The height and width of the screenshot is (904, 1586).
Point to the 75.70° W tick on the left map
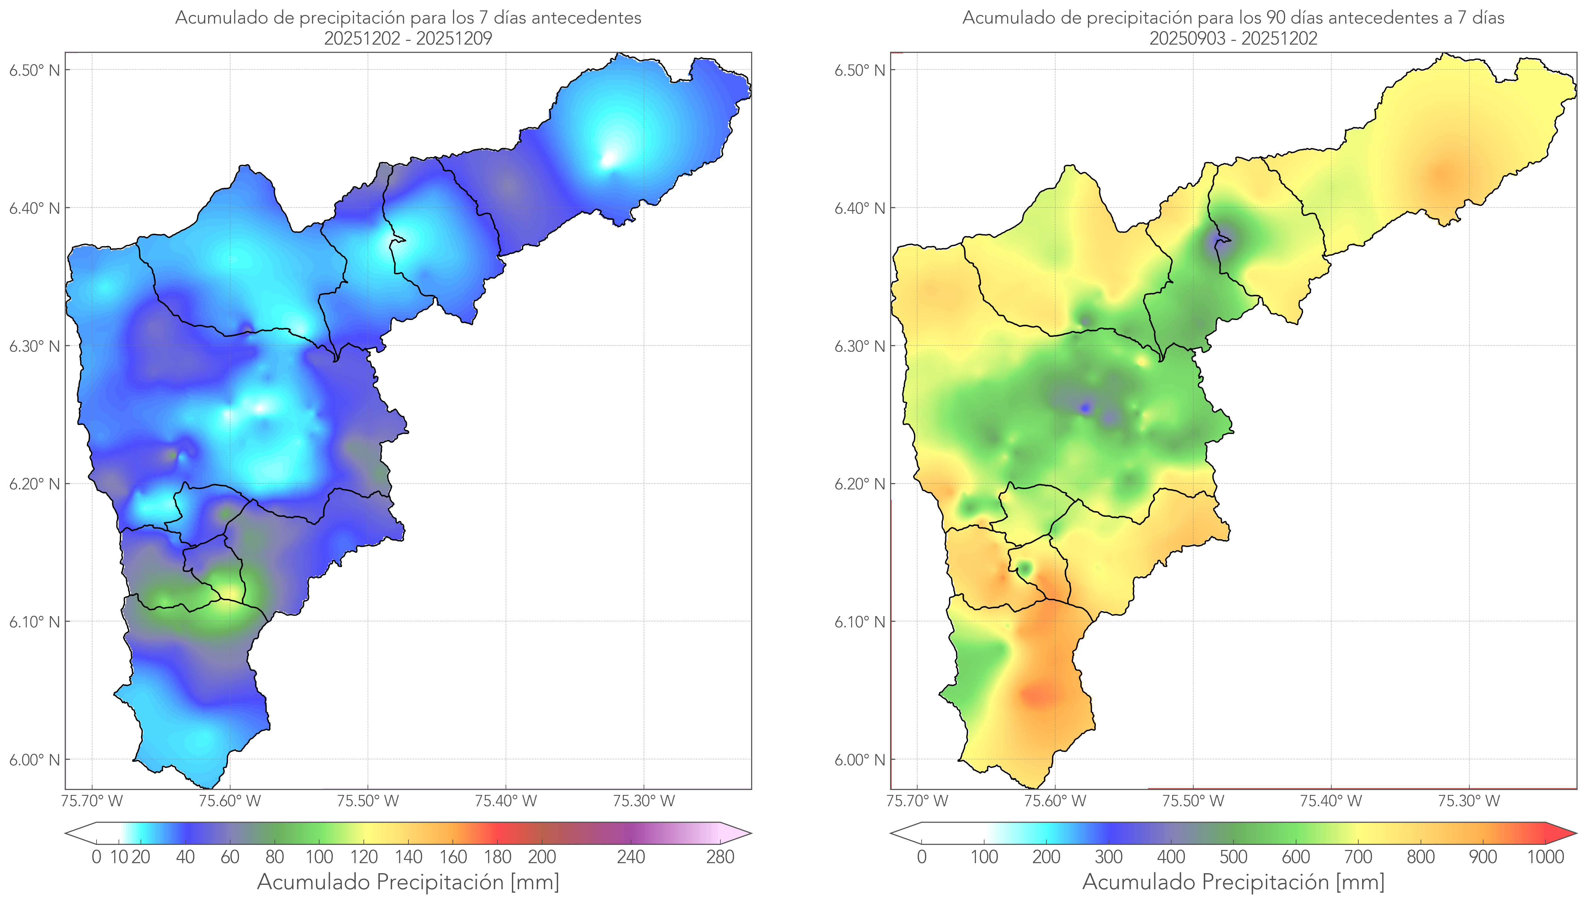point(92,801)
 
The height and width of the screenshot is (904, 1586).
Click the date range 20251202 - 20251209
point(408,38)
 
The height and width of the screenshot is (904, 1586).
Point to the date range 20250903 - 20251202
point(1233,38)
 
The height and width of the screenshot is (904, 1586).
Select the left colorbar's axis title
point(408,882)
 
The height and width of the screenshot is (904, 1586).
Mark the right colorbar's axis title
point(1233,882)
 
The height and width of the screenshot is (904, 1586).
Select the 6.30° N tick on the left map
point(34,346)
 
